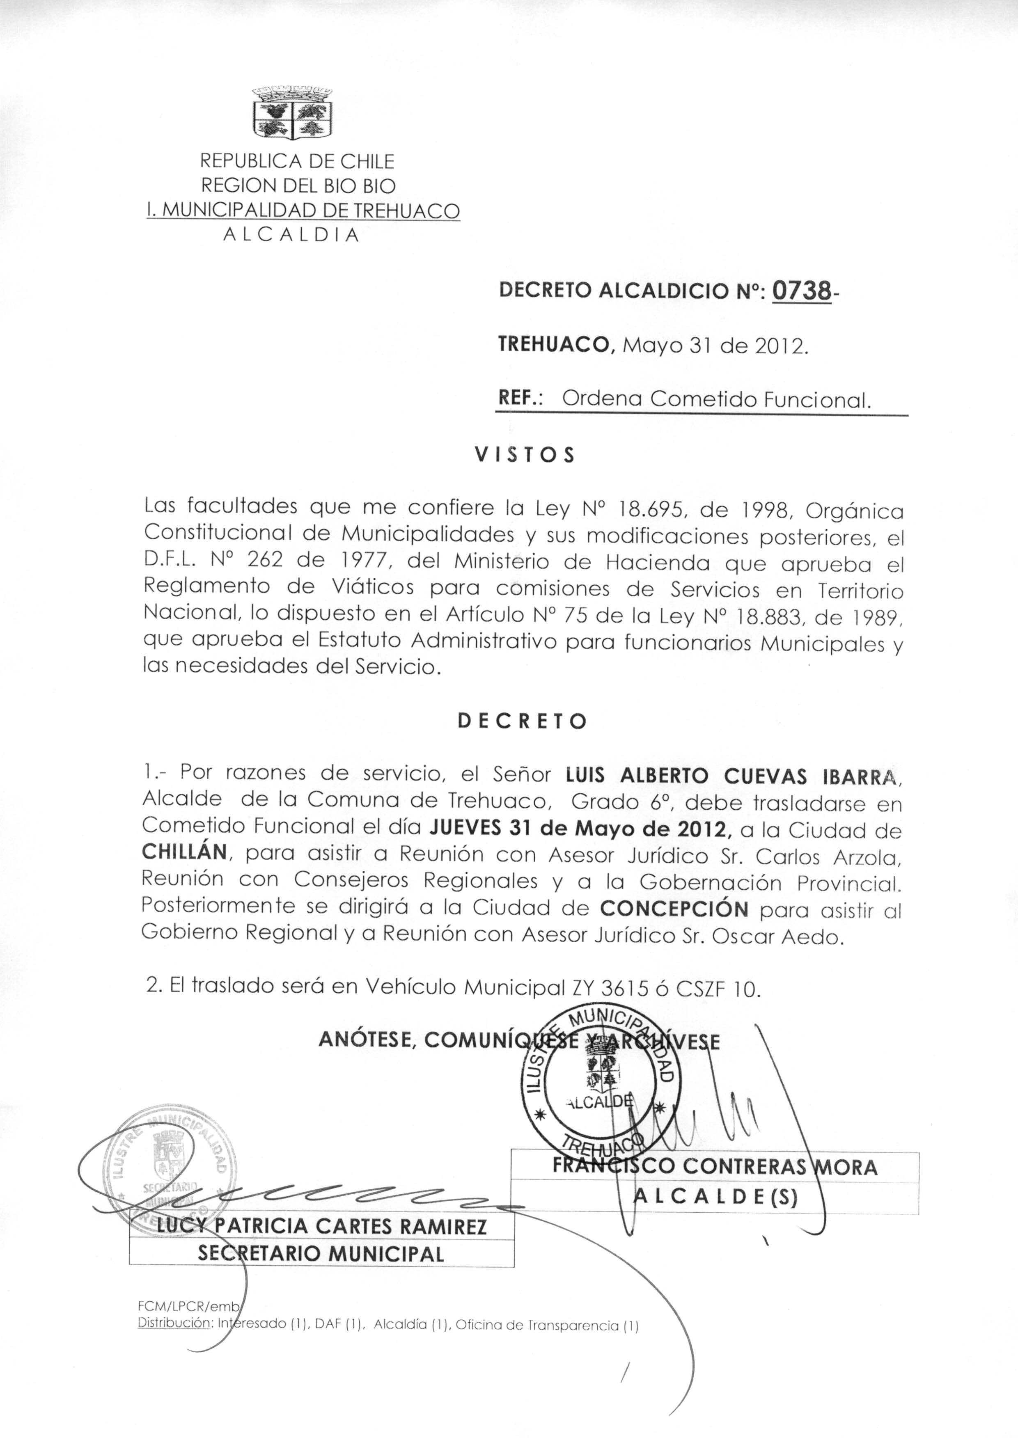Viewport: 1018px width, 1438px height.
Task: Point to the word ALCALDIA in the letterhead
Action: tap(291, 235)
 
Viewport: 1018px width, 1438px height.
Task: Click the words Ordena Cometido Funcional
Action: tap(716, 399)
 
